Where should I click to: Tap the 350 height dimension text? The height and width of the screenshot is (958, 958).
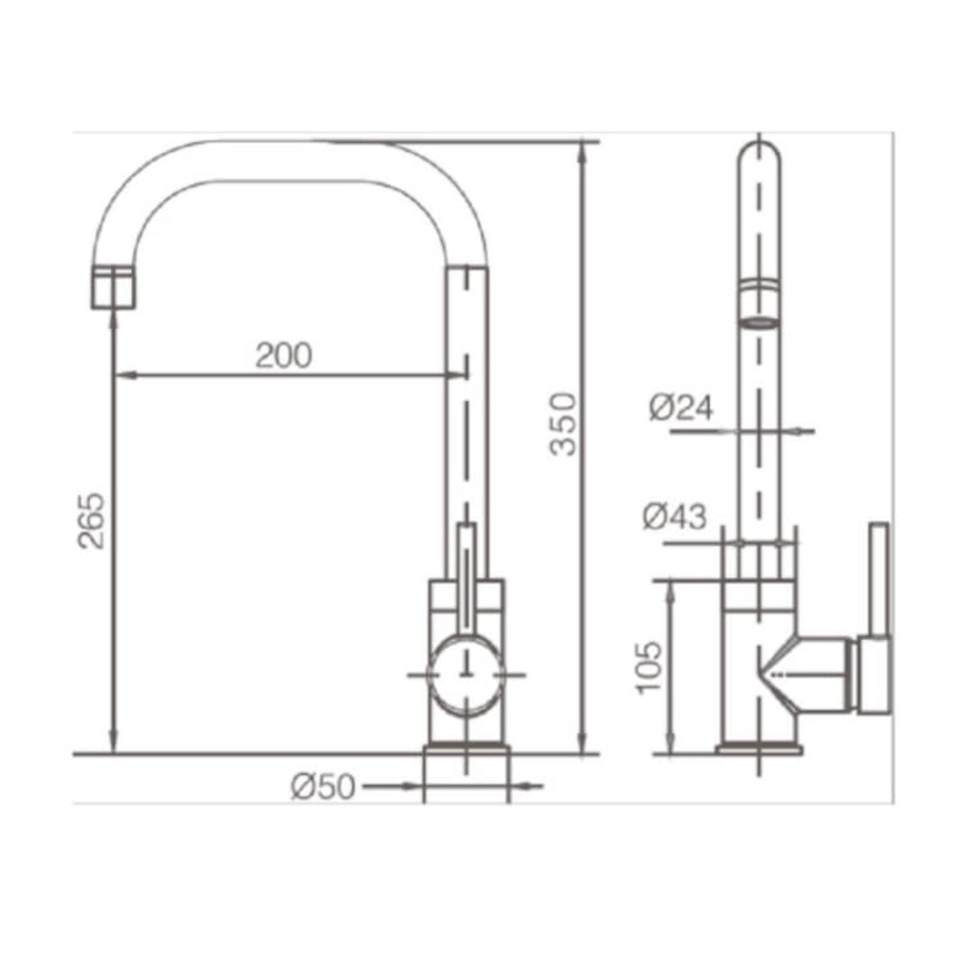coord(563,424)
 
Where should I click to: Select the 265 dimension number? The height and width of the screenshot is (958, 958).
coord(91,521)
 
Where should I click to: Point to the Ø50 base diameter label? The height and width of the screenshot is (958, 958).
coord(323,787)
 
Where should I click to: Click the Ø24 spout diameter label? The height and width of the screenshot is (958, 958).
coord(681,407)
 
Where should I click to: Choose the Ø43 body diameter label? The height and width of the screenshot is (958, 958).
coord(674,516)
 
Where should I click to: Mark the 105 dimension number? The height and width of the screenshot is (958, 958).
coord(649,668)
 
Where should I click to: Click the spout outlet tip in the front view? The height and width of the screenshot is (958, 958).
coord(114,288)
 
